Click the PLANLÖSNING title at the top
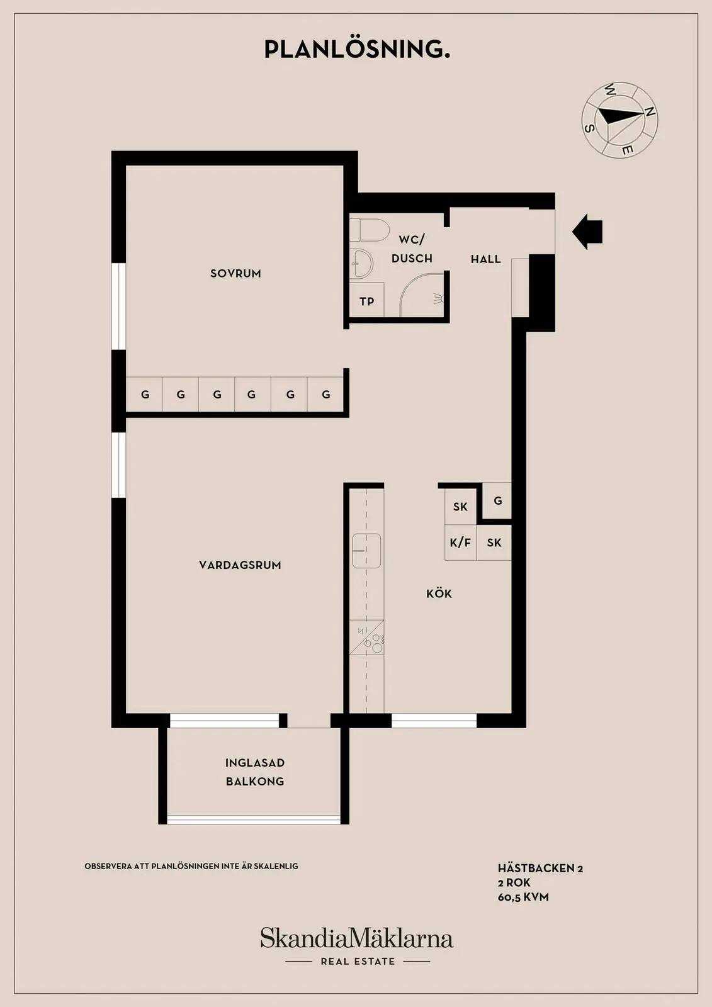[357, 49]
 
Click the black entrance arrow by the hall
[587, 232]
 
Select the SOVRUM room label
[235, 273]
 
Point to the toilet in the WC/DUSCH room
[369, 230]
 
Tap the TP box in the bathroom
[366, 300]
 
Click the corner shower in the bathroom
[423, 295]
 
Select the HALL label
[486, 259]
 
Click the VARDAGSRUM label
[240, 565]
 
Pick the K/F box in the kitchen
[461, 542]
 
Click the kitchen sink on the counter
[366, 551]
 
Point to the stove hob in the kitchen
[367, 637]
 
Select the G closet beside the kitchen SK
[497, 500]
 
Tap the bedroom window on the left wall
[118, 306]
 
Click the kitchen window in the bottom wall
[434, 721]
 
